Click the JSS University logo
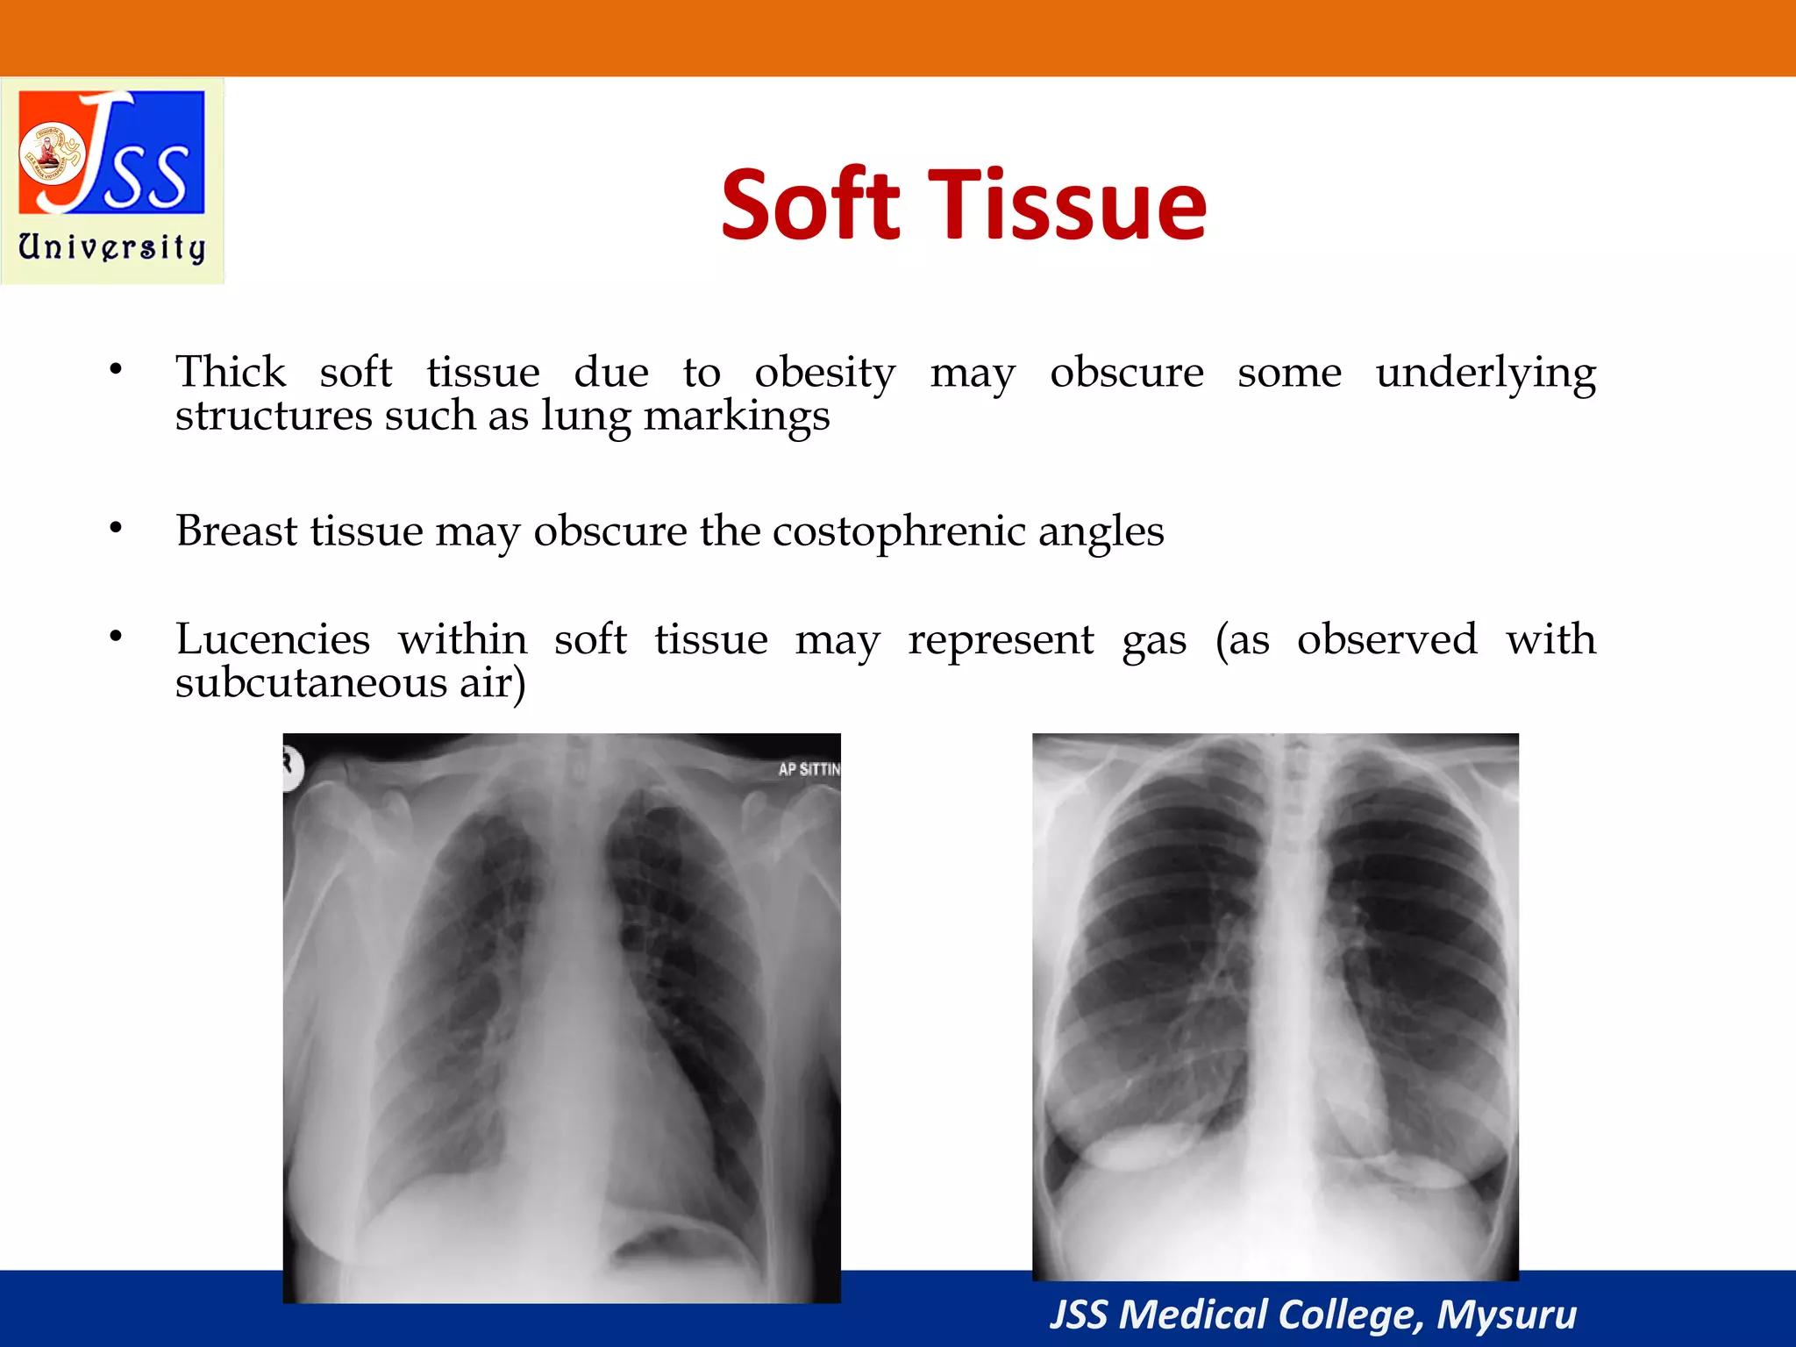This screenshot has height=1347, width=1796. click(112, 180)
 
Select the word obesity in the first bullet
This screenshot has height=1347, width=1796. click(824, 374)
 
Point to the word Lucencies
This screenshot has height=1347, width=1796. click(273, 639)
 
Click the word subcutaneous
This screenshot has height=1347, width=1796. click(310, 682)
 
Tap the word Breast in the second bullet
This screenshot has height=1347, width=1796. click(237, 531)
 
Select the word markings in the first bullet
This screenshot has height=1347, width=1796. click(736, 417)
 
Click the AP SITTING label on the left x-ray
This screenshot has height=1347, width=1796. click(809, 769)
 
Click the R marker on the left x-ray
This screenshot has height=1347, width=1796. click(289, 764)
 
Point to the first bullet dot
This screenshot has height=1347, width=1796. click(116, 370)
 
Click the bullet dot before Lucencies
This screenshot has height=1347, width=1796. click(116, 637)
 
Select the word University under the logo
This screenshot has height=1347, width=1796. click(112, 247)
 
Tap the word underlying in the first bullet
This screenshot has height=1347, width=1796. click(1485, 374)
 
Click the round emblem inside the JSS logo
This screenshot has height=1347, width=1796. click(51, 154)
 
